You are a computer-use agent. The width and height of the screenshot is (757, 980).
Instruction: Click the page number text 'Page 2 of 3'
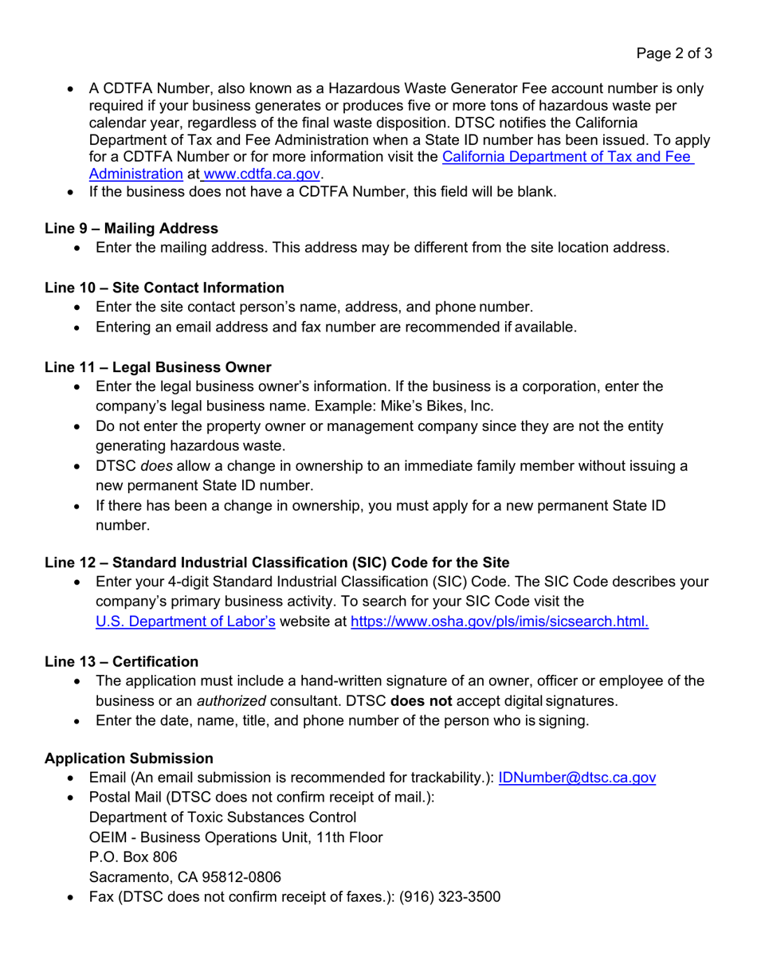[673, 55]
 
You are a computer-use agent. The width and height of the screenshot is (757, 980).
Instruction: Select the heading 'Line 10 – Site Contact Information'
[164, 288]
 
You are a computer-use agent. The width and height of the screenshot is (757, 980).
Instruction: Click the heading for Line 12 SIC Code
[277, 563]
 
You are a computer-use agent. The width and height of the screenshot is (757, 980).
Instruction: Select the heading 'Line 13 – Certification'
[122, 661]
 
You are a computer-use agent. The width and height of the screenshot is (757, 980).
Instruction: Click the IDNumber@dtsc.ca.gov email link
[577, 778]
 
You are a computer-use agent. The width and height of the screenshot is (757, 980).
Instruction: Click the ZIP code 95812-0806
[237, 877]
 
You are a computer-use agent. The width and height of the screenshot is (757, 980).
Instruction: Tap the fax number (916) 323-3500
[450, 897]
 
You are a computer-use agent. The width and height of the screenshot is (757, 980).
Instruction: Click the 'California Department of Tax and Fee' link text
[567, 157]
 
